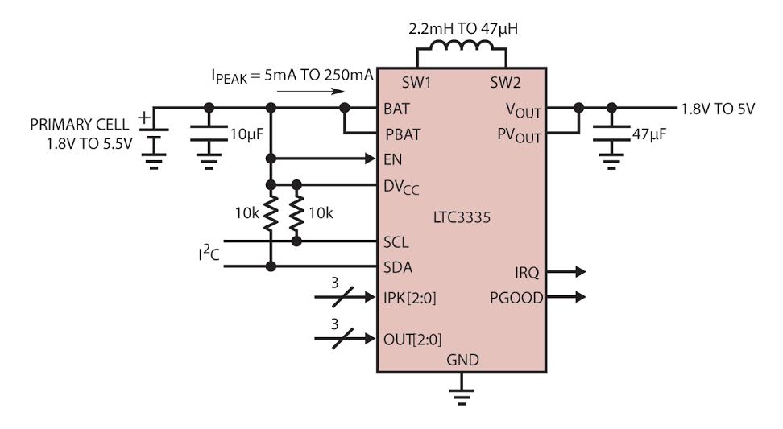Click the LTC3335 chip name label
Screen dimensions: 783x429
click(x=462, y=217)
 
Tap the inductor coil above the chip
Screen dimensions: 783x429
click(x=462, y=46)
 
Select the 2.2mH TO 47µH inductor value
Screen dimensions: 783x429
click(x=463, y=28)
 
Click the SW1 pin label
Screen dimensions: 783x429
click(x=416, y=82)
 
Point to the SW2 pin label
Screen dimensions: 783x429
click(x=505, y=82)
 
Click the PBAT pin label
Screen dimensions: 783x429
click(x=403, y=134)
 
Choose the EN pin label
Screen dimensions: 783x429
click(x=393, y=159)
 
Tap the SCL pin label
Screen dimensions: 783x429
click(x=396, y=242)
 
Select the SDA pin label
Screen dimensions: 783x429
click(x=398, y=267)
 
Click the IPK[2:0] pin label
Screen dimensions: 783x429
click(x=409, y=299)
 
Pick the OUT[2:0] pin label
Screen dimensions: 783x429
click(x=412, y=340)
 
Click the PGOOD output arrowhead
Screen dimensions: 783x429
click(x=580, y=297)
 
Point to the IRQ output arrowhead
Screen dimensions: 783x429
click(x=580, y=272)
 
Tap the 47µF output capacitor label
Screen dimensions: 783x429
click(x=649, y=134)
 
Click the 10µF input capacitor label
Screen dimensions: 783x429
click(x=246, y=134)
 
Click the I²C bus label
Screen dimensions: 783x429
click(x=209, y=253)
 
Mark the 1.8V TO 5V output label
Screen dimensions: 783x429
click(x=718, y=109)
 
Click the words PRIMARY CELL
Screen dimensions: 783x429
click(x=80, y=124)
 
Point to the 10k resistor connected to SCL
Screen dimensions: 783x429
click(x=296, y=213)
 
